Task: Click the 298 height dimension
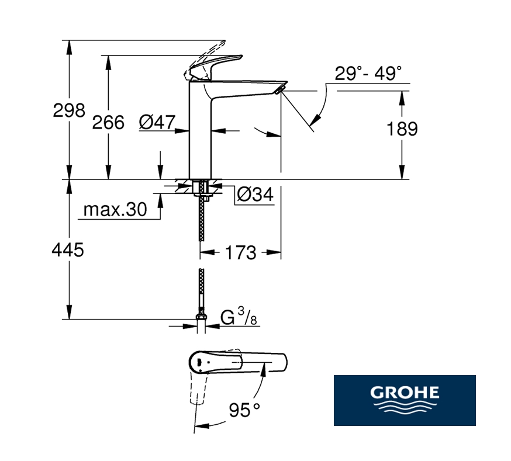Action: pos(69,110)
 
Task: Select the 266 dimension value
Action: pos(108,123)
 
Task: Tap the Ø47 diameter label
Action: pos(157,122)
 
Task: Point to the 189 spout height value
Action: pos(402,129)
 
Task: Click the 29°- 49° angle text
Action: pos(368,73)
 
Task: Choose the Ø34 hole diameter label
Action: pos(255,195)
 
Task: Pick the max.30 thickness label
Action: pos(115,209)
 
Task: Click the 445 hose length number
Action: pos(68,250)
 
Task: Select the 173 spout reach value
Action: pos(240,253)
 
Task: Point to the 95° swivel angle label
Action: pos(244,410)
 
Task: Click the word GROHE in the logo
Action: pos(405,392)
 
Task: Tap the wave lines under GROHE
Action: pos(405,407)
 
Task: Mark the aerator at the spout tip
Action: pos(281,89)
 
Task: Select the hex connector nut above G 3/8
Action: pos(201,317)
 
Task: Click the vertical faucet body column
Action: pos(200,130)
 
